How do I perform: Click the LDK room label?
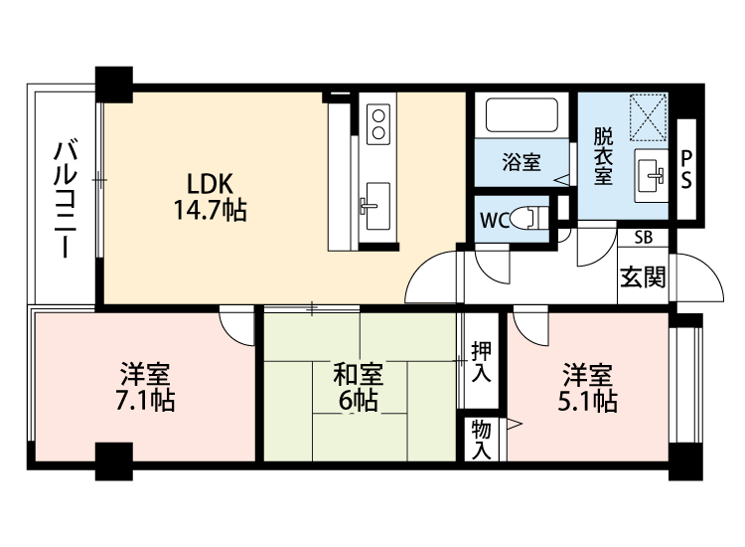pos(210,184)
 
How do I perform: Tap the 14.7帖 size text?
pos(210,210)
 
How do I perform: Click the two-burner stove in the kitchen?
pos(378,124)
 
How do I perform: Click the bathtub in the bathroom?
pos(522,117)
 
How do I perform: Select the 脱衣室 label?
pos(605,156)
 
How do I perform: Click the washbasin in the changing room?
pos(652,176)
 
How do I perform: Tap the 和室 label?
pos(358,376)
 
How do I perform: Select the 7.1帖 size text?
pos(145,402)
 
